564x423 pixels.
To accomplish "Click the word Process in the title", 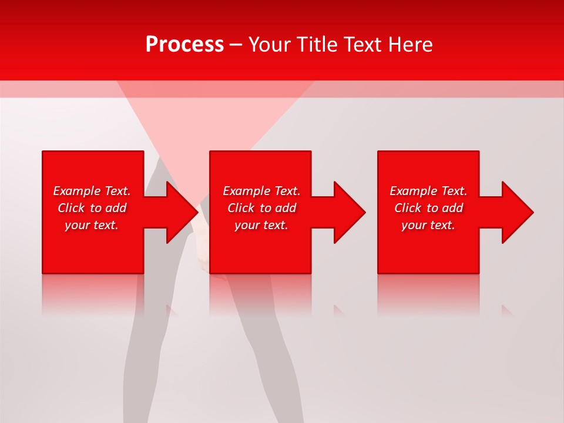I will click(x=184, y=45).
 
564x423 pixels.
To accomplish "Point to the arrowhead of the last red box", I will click(x=516, y=212).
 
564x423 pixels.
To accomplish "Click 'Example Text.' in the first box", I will click(x=92, y=191).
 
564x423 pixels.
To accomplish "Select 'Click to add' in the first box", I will click(x=92, y=208).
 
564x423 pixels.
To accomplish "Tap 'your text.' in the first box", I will click(x=92, y=225).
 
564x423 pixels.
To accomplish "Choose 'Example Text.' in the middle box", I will click(x=261, y=191).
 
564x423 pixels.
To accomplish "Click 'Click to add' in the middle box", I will click(x=261, y=208).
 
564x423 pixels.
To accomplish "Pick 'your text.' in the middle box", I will click(x=261, y=225).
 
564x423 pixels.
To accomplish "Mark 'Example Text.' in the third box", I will click(x=428, y=191).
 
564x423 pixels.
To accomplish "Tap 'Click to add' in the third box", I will click(x=428, y=208).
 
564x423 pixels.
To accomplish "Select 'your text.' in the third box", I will click(x=428, y=225).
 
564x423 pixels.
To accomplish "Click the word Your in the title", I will click(x=270, y=45).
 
